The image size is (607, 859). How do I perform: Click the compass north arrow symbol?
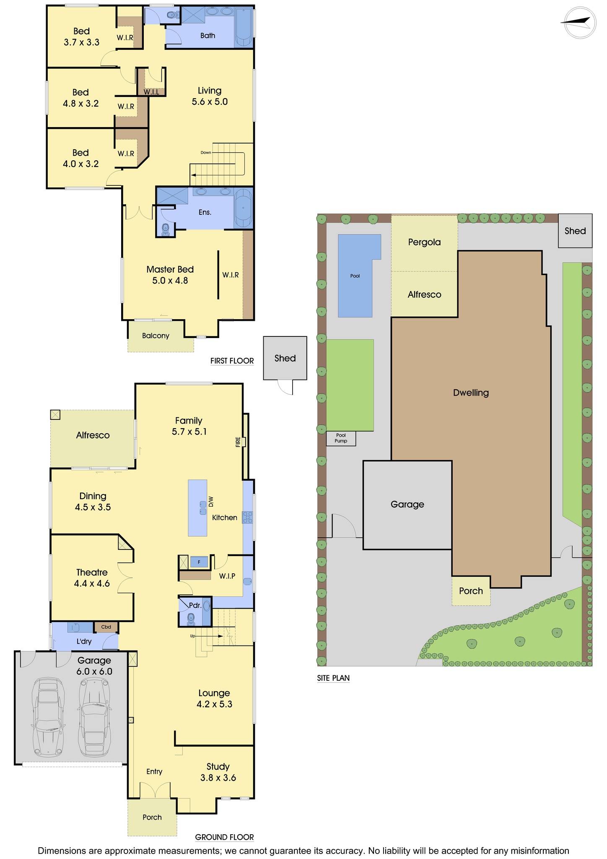[578, 23]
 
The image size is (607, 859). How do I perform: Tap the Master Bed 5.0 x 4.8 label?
[170, 275]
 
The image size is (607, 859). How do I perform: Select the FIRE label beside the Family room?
[238, 442]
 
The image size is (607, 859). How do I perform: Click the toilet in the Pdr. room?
[191, 617]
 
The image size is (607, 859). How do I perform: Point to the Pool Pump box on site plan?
[341, 438]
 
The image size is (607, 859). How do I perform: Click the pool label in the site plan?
[355, 276]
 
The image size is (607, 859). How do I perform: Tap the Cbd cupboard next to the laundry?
[106, 627]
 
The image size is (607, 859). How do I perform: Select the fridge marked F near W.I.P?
[199, 562]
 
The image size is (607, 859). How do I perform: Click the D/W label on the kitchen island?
[211, 501]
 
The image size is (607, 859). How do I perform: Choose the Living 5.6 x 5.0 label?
[210, 96]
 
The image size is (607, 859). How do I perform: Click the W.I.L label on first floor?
[151, 92]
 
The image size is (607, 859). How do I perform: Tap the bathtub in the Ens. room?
[243, 208]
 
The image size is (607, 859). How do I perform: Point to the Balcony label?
[156, 336]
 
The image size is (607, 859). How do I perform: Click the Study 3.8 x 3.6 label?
[218, 772]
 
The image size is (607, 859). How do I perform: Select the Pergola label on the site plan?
[424, 242]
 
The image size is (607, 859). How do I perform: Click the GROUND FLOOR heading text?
[224, 837]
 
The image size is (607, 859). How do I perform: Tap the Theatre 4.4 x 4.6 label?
[92, 578]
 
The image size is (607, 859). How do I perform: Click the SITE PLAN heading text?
[333, 678]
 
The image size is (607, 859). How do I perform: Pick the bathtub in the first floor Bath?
[244, 28]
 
